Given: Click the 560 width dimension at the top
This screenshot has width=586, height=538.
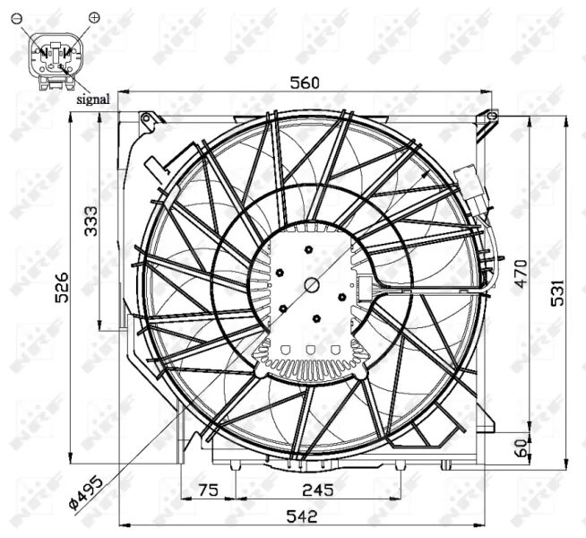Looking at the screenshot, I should (x=305, y=82).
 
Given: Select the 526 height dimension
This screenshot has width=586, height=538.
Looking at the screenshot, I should (x=61, y=288).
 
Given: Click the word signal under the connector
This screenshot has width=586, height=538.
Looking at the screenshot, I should (x=92, y=100).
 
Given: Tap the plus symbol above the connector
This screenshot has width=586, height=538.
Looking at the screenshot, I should (x=95, y=17).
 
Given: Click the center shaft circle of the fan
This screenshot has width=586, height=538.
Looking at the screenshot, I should (x=311, y=285).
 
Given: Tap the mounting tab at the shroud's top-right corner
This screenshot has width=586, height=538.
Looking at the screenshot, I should (x=487, y=116).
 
